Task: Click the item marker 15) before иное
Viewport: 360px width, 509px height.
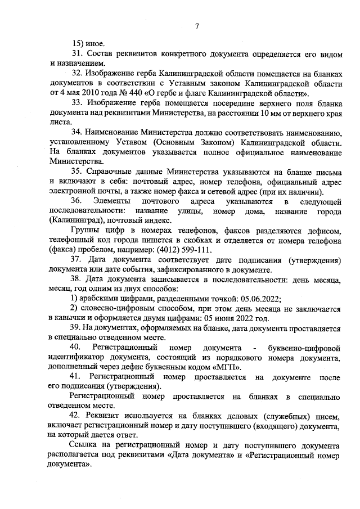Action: click(x=78, y=43)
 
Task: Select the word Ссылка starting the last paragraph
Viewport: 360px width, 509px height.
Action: click(x=84, y=446)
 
